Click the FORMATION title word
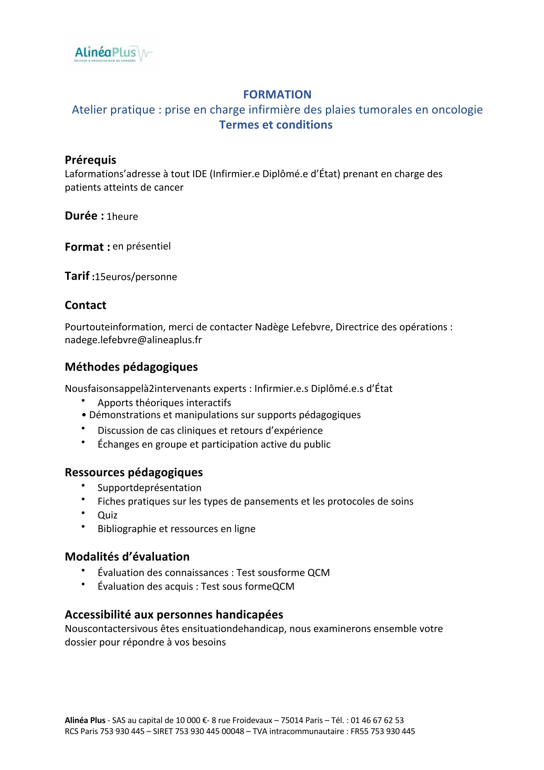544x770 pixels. (277, 94)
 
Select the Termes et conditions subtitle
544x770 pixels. (276, 125)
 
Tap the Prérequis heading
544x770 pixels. (90, 160)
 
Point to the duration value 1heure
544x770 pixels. (122, 217)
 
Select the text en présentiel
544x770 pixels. (142, 246)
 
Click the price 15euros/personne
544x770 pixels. (136, 277)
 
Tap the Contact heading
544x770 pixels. (85, 305)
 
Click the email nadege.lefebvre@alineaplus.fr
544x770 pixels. (133, 340)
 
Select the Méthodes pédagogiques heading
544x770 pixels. (131, 367)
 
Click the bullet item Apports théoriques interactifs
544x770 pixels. (164, 403)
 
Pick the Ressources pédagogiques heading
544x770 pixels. (134, 472)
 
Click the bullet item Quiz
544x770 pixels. (107, 515)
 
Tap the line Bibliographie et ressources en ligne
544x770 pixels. (176, 529)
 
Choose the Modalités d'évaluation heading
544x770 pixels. (127, 557)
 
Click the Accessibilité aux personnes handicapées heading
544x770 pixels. (174, 615)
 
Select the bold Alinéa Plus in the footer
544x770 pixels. (85, 720)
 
